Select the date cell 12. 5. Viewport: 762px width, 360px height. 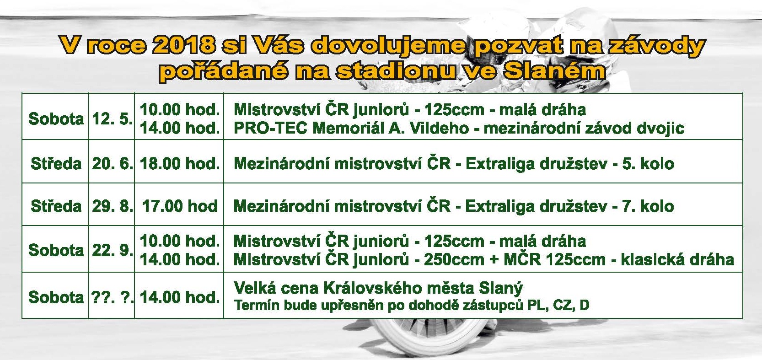pos(112,119)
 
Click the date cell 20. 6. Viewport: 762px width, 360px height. pos(112,164)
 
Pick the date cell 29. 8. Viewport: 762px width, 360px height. pos(112,206)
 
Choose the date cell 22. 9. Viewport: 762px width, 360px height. pos(112,250)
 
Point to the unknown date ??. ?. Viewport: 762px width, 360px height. pos(112,297)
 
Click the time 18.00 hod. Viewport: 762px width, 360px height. pos(180,164)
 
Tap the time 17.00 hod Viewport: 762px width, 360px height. pos(180,206)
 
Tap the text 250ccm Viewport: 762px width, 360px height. pos(454,260)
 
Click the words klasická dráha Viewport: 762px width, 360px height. pos(677,260)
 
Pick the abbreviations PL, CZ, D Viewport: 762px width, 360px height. pos(558,305)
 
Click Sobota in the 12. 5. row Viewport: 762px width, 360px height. pos(56,119)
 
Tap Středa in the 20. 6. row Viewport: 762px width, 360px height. pos(56,164)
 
